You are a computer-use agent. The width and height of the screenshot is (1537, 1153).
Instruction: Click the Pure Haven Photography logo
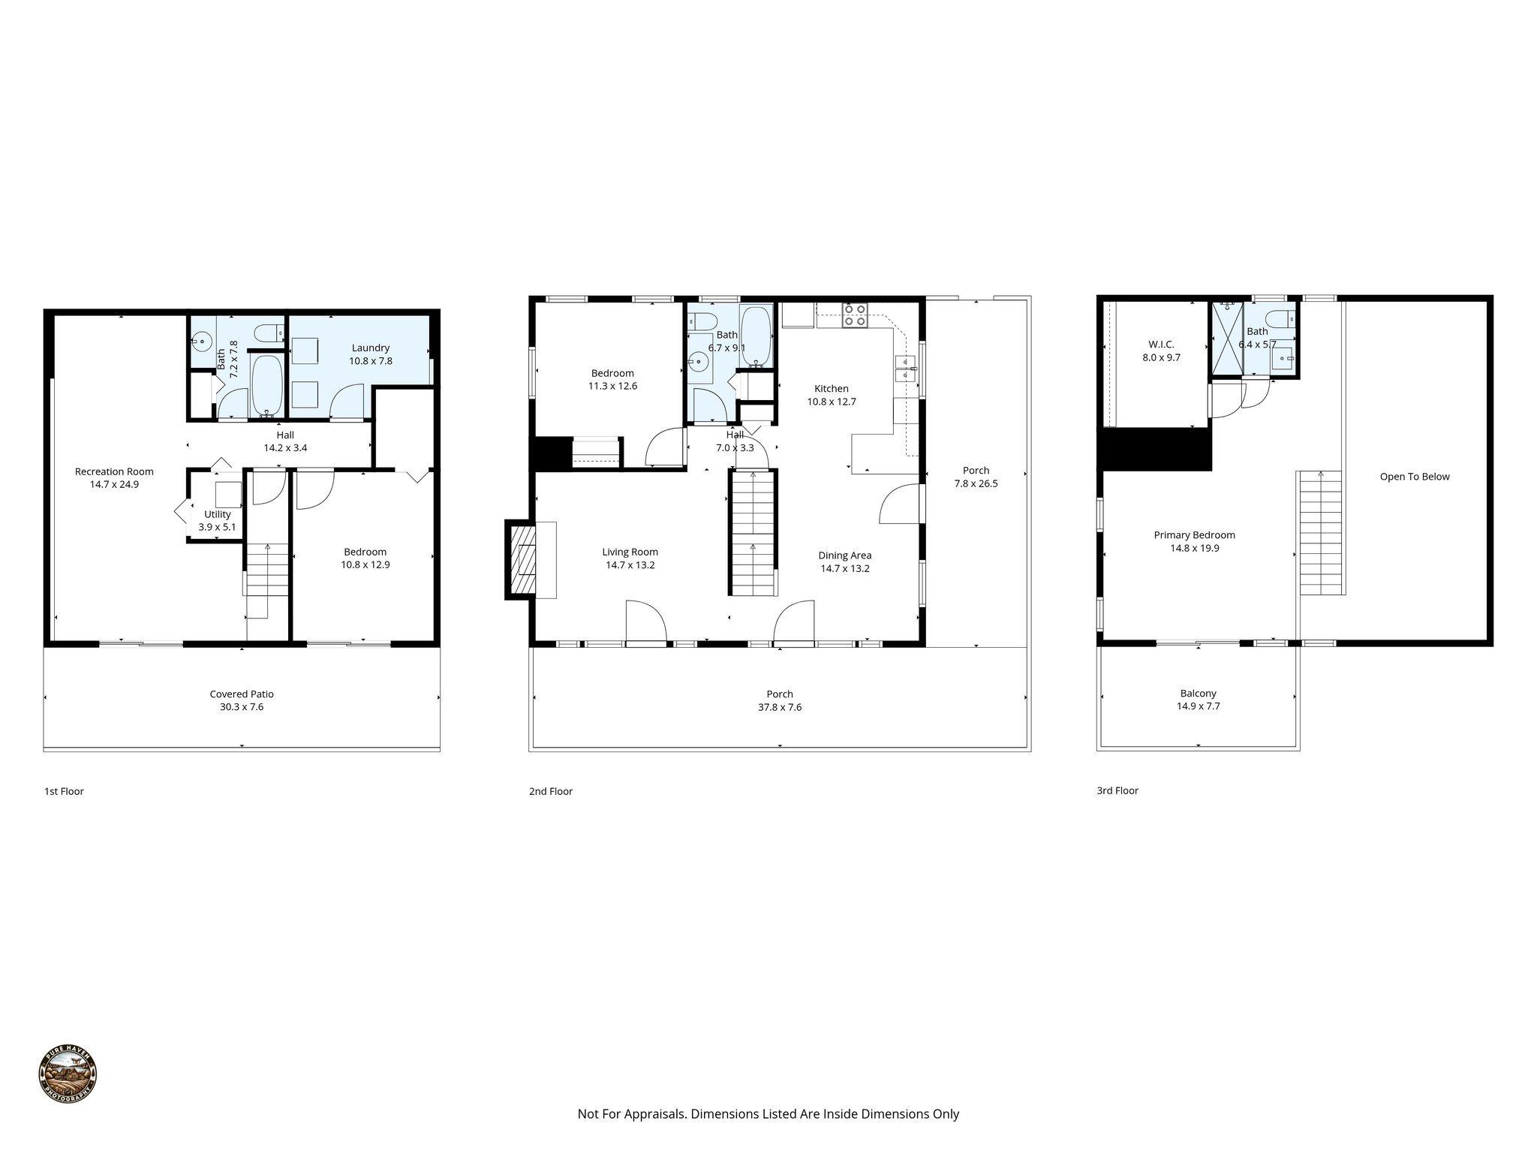click(68, 1074)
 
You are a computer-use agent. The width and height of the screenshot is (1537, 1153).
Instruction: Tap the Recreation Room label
click(114, 471)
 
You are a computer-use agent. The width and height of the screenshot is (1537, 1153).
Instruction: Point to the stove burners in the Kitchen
click(855, 315)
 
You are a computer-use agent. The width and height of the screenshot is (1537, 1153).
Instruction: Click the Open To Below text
click(1414, 477)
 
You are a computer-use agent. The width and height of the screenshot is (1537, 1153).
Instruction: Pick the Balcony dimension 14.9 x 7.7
click(1198, 706)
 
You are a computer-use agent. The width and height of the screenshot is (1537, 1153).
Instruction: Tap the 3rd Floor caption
click(1117, 790)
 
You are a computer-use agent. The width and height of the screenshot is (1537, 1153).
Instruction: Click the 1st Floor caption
click(64, 791)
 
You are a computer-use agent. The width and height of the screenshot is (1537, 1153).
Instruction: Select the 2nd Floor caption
click(550, 791)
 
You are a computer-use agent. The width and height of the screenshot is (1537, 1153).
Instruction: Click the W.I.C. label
click(1161, 345)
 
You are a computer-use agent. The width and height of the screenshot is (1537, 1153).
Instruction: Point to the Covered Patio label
click(242, 694)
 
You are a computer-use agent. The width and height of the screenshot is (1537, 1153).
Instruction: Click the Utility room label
click(217, 514)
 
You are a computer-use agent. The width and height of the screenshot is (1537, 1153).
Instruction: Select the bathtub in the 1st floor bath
click(266, 385)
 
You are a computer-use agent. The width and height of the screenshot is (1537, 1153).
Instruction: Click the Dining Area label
click(844, 555)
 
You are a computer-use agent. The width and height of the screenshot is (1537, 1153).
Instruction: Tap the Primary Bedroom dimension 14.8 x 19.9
click(1194, 549)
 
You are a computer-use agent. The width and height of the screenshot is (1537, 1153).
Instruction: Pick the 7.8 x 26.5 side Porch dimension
click(976, 483)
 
